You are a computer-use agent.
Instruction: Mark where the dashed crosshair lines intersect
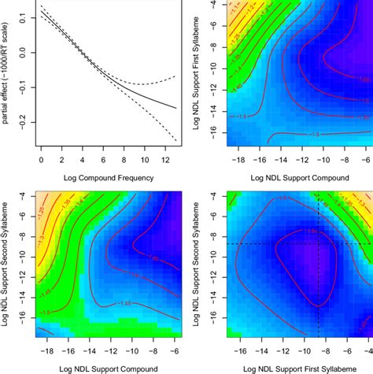tap(317, 244)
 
